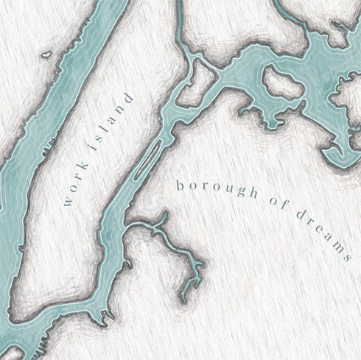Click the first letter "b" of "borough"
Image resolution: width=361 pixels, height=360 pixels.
tap(179, 186)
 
